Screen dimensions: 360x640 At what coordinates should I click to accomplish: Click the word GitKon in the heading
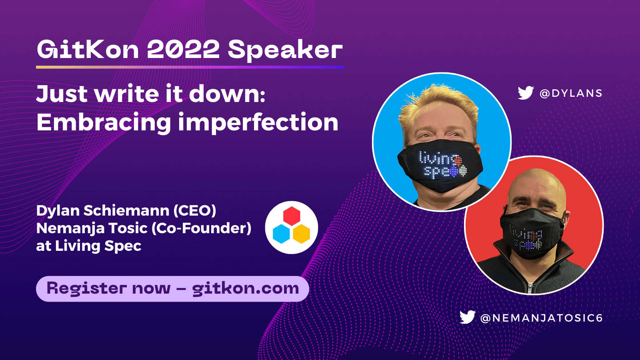point(88,50)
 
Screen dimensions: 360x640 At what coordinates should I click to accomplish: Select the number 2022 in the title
point(183,50)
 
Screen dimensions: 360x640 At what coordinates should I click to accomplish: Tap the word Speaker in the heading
point(285,50)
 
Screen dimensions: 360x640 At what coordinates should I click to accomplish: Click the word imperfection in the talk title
point(258,122)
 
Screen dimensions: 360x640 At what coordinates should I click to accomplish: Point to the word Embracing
point(104,122)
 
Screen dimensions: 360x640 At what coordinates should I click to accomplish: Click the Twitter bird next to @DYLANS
point(525,93)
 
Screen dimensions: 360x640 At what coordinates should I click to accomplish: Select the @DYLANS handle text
point(571,93)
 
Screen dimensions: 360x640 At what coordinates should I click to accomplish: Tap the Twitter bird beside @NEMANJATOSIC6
point(467,317)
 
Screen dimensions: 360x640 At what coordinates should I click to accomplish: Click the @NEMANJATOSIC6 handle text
point(542,318)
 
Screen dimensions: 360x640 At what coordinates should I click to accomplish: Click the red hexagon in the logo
point(292,216)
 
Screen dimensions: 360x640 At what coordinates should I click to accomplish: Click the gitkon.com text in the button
point(245,288)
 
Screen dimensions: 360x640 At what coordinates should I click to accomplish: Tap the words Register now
point(108,288)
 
